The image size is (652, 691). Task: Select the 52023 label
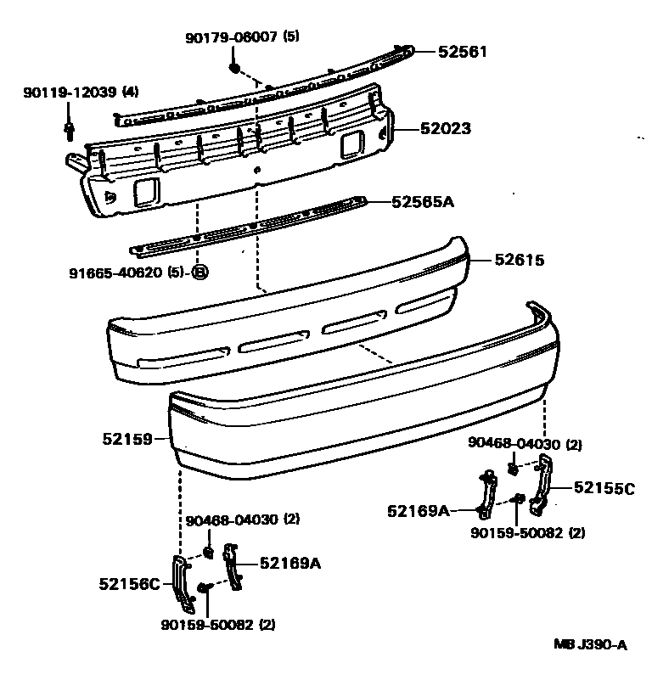coord(446,130)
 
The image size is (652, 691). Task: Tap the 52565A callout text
coord(423,202)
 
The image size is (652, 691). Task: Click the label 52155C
coord(604,487)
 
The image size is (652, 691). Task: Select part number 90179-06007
coord(230,37)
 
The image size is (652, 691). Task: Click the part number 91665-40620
coord(117,272)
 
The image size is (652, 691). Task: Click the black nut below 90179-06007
coord(235,67)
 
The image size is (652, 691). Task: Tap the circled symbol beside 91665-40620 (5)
coord(200,272)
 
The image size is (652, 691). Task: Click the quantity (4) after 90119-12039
coord(130,92)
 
